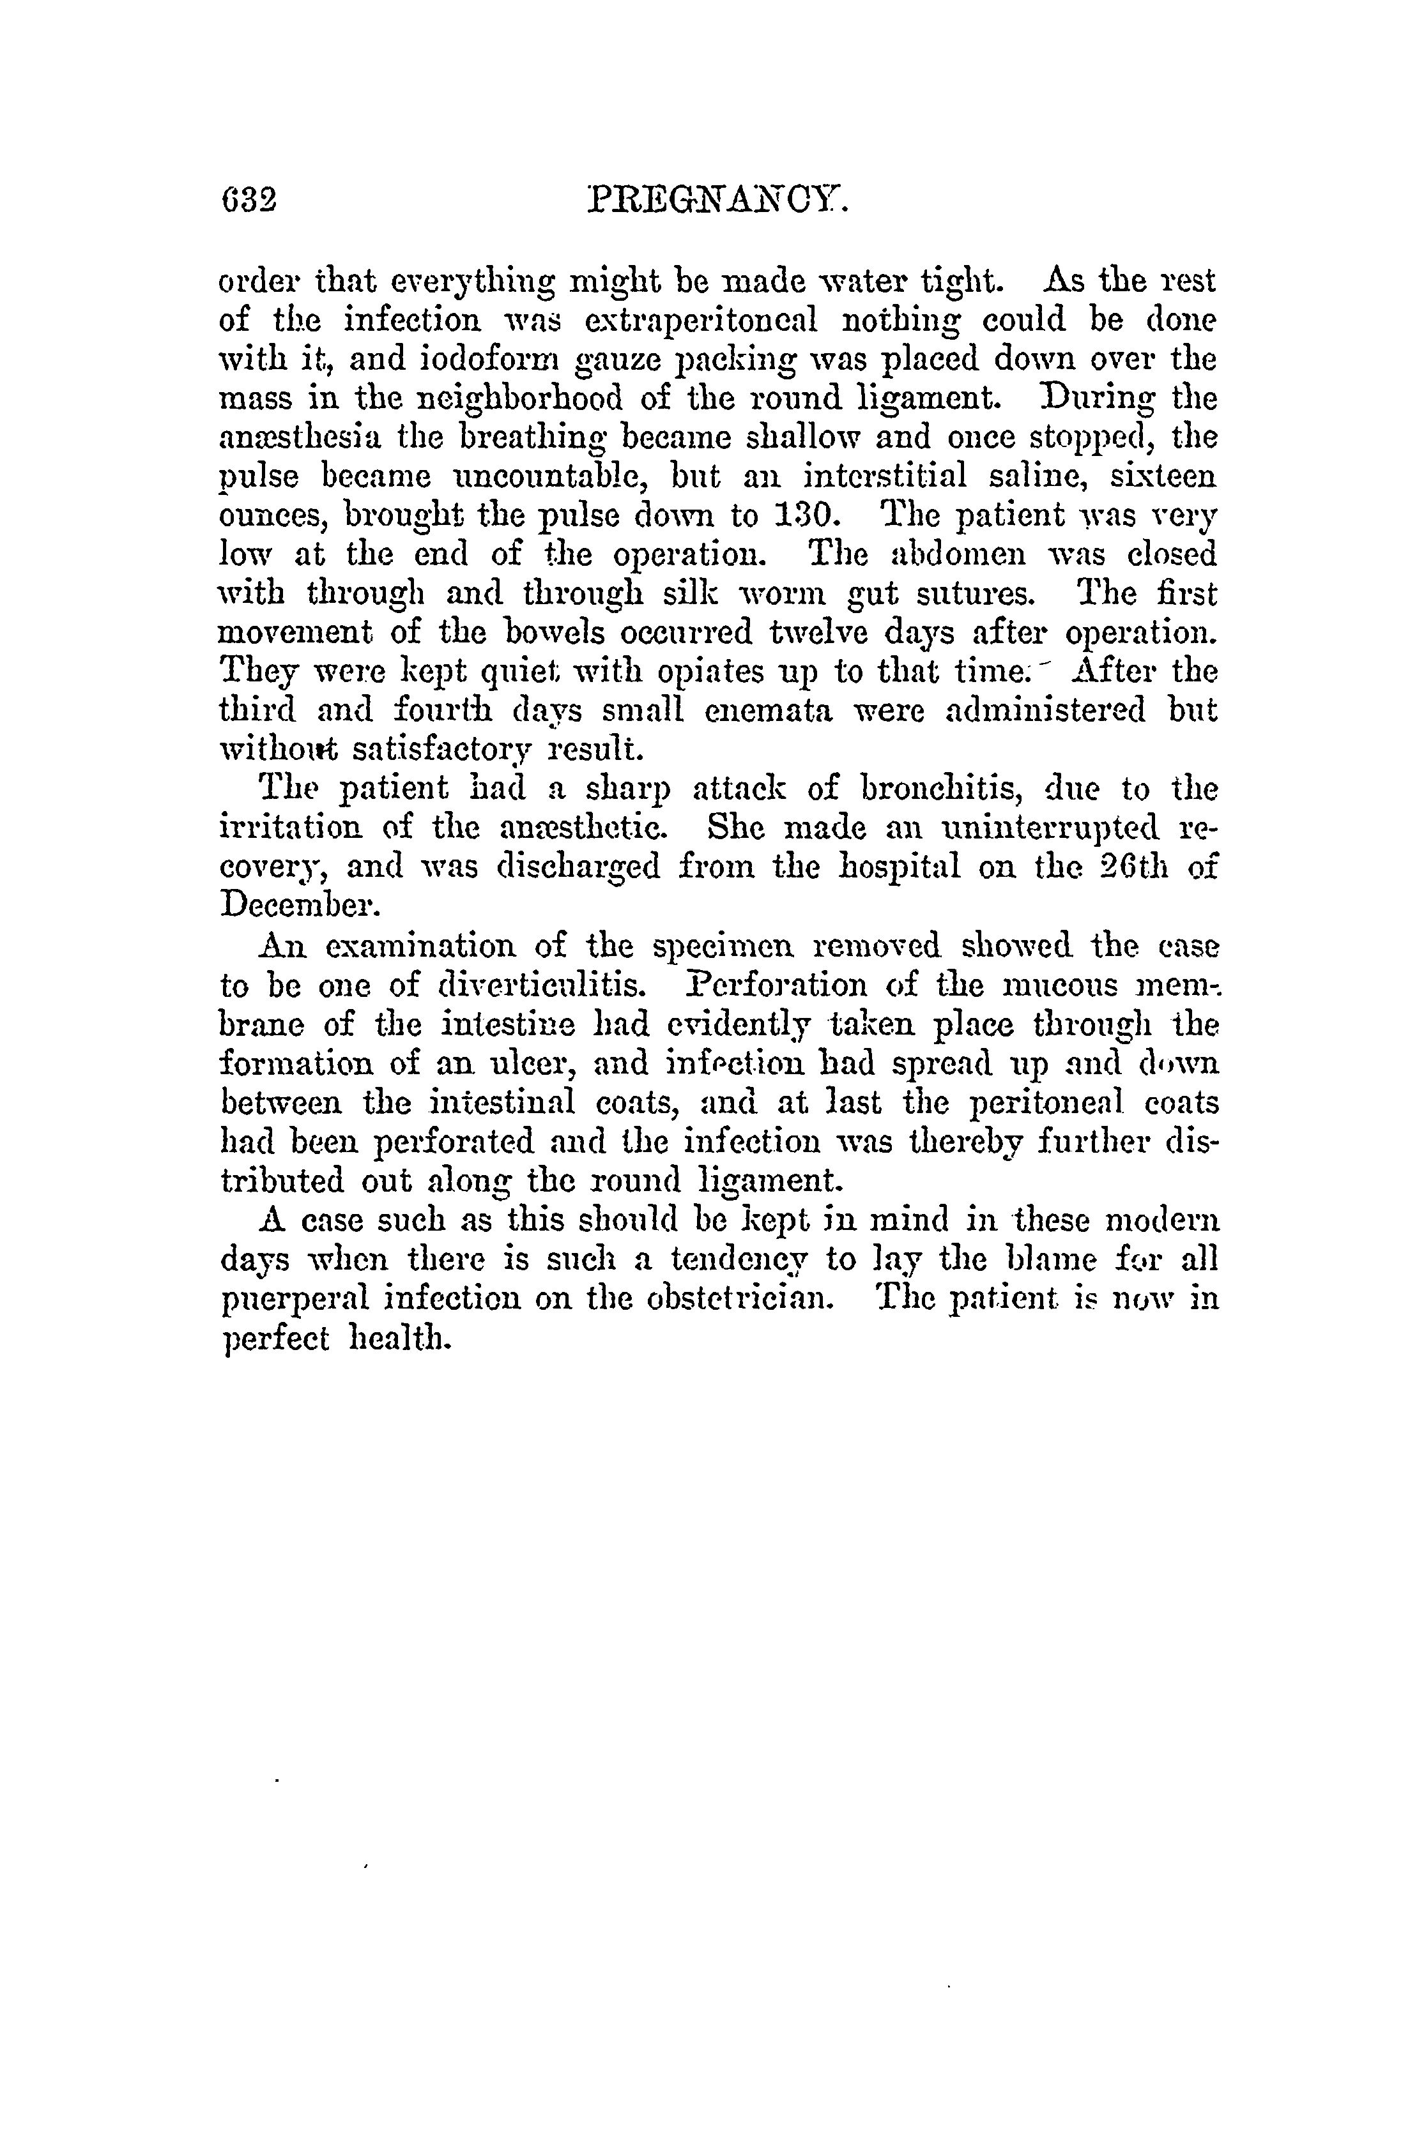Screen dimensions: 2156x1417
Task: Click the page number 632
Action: pos(247,199)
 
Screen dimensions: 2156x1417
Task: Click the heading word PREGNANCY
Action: pos(717,199)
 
